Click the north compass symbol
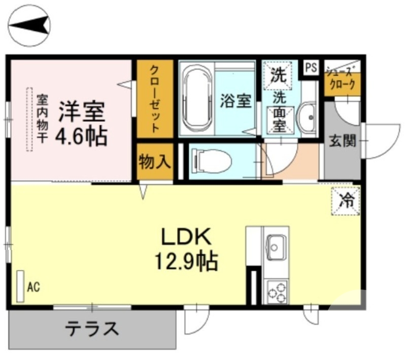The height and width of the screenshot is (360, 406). [29, 24]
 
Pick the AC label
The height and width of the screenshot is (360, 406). [33, 287]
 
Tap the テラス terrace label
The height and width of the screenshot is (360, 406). [92, 329]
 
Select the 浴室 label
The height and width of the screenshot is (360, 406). [235, 100]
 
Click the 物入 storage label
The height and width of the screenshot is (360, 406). [155, 163]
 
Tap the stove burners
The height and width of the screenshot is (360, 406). [276, 292]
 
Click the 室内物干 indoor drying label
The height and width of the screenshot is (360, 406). [41, 119]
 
